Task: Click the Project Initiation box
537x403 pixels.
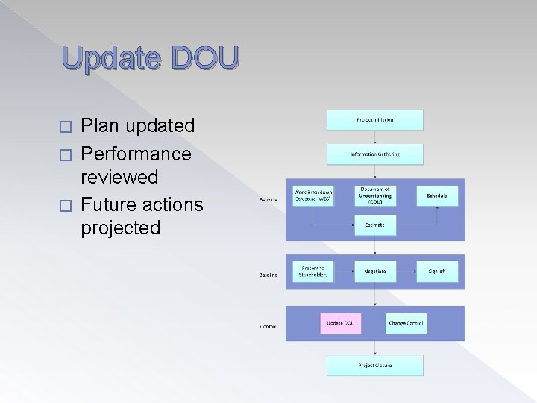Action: pos(374,119)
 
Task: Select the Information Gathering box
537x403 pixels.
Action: pos(374,154)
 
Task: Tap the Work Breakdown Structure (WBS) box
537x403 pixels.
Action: pos(313,196)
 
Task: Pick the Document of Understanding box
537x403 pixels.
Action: pos(374,196)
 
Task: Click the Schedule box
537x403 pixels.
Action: pos(436,196)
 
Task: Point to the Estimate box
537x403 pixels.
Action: pos(374,225)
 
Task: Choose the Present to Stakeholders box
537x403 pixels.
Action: pos(313,271)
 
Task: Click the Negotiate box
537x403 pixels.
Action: pos(374,272)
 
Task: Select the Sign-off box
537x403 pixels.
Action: pos(436,272)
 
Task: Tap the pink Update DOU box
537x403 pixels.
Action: pos(340,323)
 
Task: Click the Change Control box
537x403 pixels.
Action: pos(406,323)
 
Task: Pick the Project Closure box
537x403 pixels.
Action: pos(374,365)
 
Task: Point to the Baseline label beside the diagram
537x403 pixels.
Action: pos(268,275)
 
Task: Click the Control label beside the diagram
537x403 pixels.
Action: pos(268,326)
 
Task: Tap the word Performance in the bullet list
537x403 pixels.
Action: pos(136,154)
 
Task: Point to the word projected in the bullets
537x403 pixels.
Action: pos(120,228)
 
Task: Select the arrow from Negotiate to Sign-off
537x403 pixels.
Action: pos(406,272)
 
